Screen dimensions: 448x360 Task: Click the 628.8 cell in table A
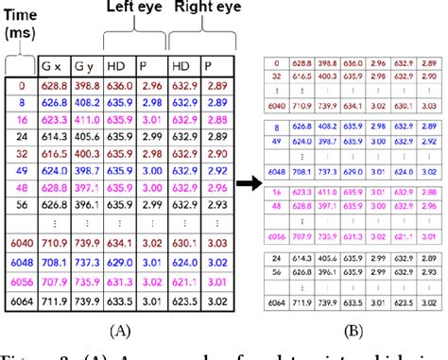click(x=53, y=84)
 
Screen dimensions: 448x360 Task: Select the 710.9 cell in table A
click(x=53, y=244)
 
